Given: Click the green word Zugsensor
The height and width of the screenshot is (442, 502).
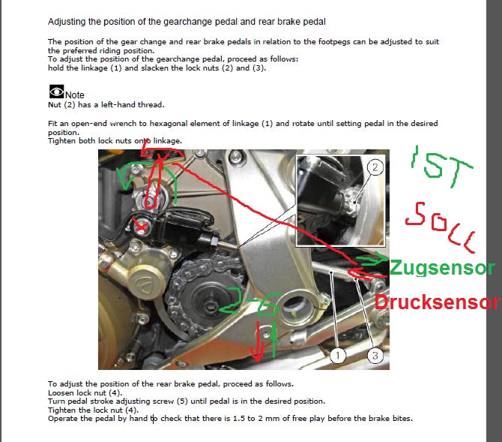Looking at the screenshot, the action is coord(442,267).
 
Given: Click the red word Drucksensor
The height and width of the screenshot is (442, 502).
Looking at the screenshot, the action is coord(437,302).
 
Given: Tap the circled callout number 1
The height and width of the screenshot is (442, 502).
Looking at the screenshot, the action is coord(338,356).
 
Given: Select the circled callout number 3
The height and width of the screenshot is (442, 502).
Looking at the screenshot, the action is coord(375,356).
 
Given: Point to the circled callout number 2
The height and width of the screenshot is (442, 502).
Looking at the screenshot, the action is coord(375,167).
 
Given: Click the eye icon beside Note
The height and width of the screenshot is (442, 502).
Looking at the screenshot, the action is coord(57,92).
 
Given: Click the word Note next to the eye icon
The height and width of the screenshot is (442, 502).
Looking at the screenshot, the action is coord(75,95).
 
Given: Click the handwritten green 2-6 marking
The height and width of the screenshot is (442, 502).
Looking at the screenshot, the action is coord(248,302).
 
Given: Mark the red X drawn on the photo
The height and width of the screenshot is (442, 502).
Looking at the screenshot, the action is coord(140,227).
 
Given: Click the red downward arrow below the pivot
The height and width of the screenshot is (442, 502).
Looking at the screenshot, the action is coord(258,341).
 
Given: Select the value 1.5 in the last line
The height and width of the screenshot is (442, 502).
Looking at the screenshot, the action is coord(239,418).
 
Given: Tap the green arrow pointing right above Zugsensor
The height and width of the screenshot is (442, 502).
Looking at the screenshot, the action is coord(372,259).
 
